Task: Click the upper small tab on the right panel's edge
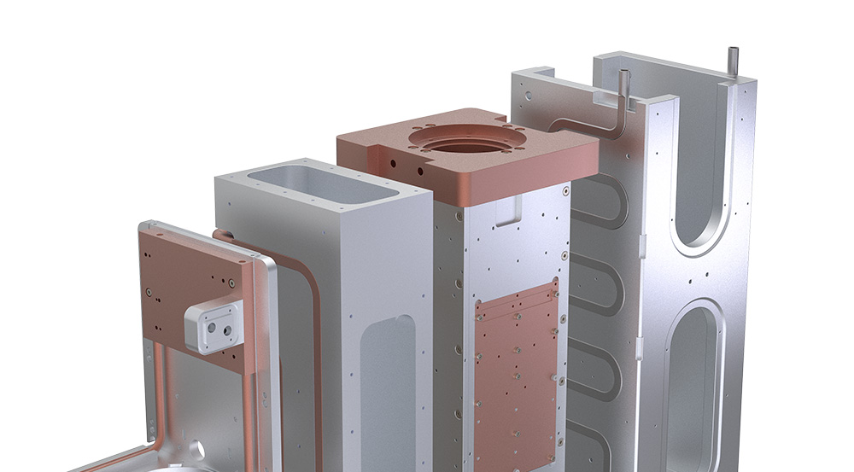640,249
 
